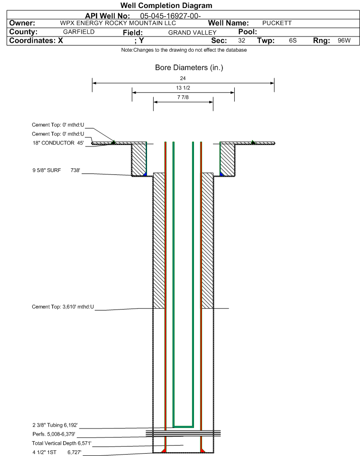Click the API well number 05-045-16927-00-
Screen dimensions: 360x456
click(171, 16)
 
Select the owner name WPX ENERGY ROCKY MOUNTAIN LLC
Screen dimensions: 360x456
click(118, 23)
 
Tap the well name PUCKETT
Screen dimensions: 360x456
click(277, 23)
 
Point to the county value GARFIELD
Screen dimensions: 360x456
click(79, 32)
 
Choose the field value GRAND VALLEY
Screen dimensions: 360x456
click(193, 33)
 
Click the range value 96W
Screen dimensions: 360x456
click(344, 40)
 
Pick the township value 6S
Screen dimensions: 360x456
click(293, 40)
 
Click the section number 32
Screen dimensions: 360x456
click(241, 40)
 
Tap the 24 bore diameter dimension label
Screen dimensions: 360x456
click(183, 78)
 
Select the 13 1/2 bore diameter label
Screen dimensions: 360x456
click(183, 88)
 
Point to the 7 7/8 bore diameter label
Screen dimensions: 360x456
click(183, 97)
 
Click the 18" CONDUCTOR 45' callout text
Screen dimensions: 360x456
click(58, 143)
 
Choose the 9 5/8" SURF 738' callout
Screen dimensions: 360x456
click(56, 170)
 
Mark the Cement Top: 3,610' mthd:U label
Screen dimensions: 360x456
click(63, 307)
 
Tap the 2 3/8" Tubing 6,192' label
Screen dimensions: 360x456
click(55, 425)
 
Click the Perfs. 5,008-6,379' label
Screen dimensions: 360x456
click(54, 434)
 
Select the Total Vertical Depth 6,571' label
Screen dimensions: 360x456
click(62, 443)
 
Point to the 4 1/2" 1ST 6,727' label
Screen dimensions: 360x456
click(57, 452)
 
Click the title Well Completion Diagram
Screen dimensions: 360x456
click(166, 6)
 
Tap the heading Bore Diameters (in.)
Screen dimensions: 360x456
click(189, 67)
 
